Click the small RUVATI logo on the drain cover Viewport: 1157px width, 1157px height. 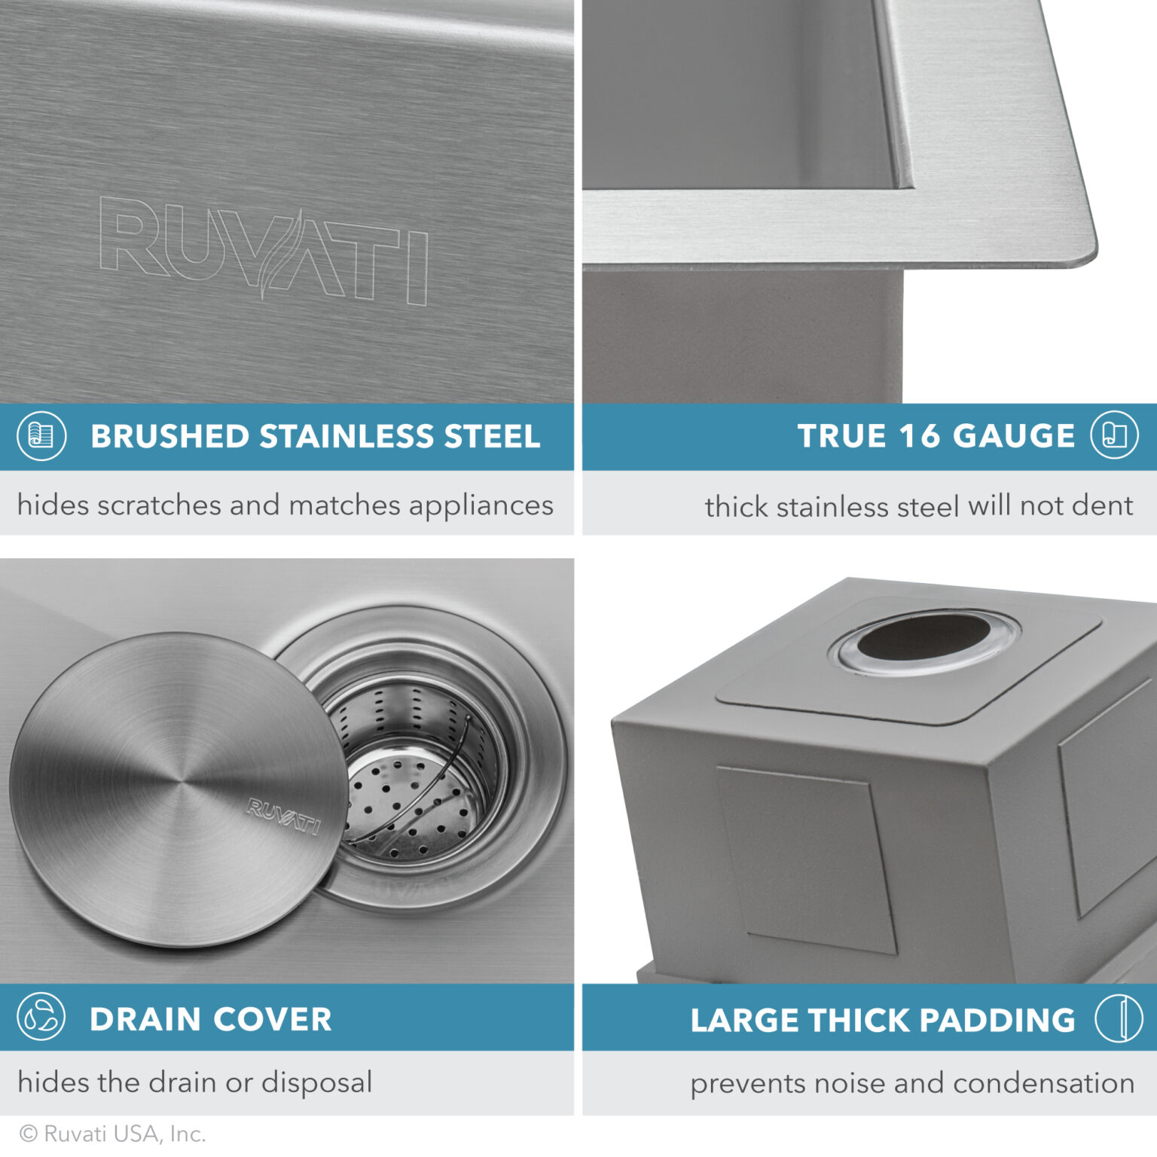(x=283, y=817)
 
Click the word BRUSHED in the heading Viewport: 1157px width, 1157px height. (x=170, y=437)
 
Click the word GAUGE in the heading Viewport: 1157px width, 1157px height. (x=1014, y=436)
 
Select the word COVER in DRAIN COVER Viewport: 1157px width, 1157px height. (x=273, y=1019)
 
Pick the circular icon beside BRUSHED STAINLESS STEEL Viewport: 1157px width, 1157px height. (x=41, y=436)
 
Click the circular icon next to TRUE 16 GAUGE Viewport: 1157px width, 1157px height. (x=1114, y=435)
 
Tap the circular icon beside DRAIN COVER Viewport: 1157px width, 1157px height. (x=41, y=1017)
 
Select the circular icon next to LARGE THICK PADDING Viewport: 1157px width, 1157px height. (x=1119, y=1018)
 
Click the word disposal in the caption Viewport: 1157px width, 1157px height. (x=316, y=1083)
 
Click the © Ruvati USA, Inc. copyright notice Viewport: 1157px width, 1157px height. (x=113, y=1134)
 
